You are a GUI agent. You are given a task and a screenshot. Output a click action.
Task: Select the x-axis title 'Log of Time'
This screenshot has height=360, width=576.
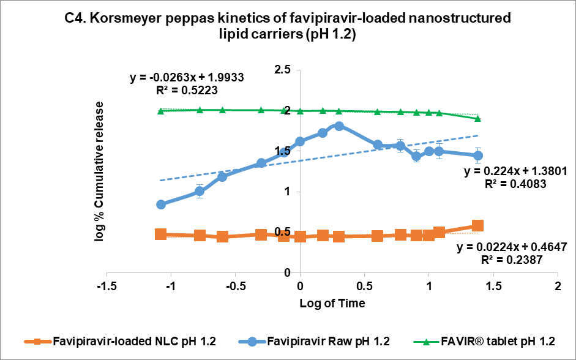point(332,304)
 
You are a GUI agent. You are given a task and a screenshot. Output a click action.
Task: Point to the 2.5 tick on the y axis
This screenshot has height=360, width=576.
point(282,70)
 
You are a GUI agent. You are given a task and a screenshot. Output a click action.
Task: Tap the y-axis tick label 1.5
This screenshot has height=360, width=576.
point(282,151)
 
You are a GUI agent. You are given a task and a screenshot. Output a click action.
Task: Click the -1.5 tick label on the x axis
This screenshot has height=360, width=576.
point(107,287)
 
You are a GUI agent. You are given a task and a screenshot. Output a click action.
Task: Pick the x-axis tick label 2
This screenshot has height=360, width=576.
point(558,287)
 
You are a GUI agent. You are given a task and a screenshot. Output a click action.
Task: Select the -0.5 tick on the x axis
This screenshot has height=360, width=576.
point(235,287)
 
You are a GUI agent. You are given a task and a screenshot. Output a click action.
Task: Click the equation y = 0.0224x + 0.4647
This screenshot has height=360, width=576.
point(512,247)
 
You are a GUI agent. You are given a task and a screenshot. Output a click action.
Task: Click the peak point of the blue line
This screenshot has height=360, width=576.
point(338,126)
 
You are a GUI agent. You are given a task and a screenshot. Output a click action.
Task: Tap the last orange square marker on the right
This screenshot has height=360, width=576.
point(477,226)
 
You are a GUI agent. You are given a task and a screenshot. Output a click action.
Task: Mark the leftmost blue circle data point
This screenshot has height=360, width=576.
point(161,204)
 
